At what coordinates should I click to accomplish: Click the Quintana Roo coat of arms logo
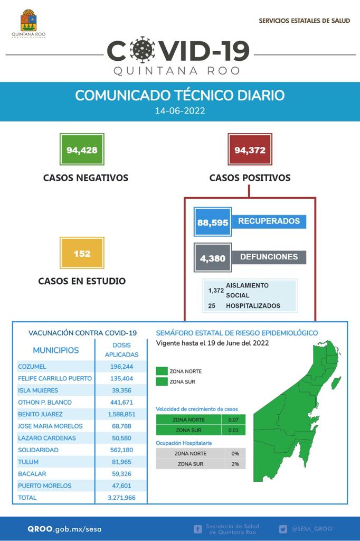click(29, 21)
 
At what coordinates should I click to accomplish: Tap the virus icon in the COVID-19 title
click(142, 50)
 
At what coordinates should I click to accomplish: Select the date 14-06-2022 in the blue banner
click(180, 111)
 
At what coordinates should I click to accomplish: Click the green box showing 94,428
click(82, 150)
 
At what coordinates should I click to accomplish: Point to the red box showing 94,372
click(250, 150)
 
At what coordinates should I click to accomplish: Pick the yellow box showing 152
click(82, 253)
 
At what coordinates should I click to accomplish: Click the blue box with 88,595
click(212, 222)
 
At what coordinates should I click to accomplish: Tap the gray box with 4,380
click(212, 258)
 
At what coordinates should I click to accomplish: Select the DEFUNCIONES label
click(269, 257)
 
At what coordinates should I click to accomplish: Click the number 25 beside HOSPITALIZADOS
click(212, 306)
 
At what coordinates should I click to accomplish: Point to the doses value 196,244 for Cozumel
click(121, 367)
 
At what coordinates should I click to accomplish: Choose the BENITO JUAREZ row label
click(40, 414)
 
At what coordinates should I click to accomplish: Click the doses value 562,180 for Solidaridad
click(121, 450)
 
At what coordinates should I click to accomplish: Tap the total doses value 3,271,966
click(121, 498)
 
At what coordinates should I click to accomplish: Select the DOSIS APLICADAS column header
click(121, 350)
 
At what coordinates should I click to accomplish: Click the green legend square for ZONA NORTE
click(162, 371)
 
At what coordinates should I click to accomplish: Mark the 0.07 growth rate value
click(233, 420)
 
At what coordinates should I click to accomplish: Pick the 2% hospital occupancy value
click(235, 464)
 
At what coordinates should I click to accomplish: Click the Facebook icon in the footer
click(198, 529)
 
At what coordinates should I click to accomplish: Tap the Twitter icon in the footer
click(283, 529)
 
